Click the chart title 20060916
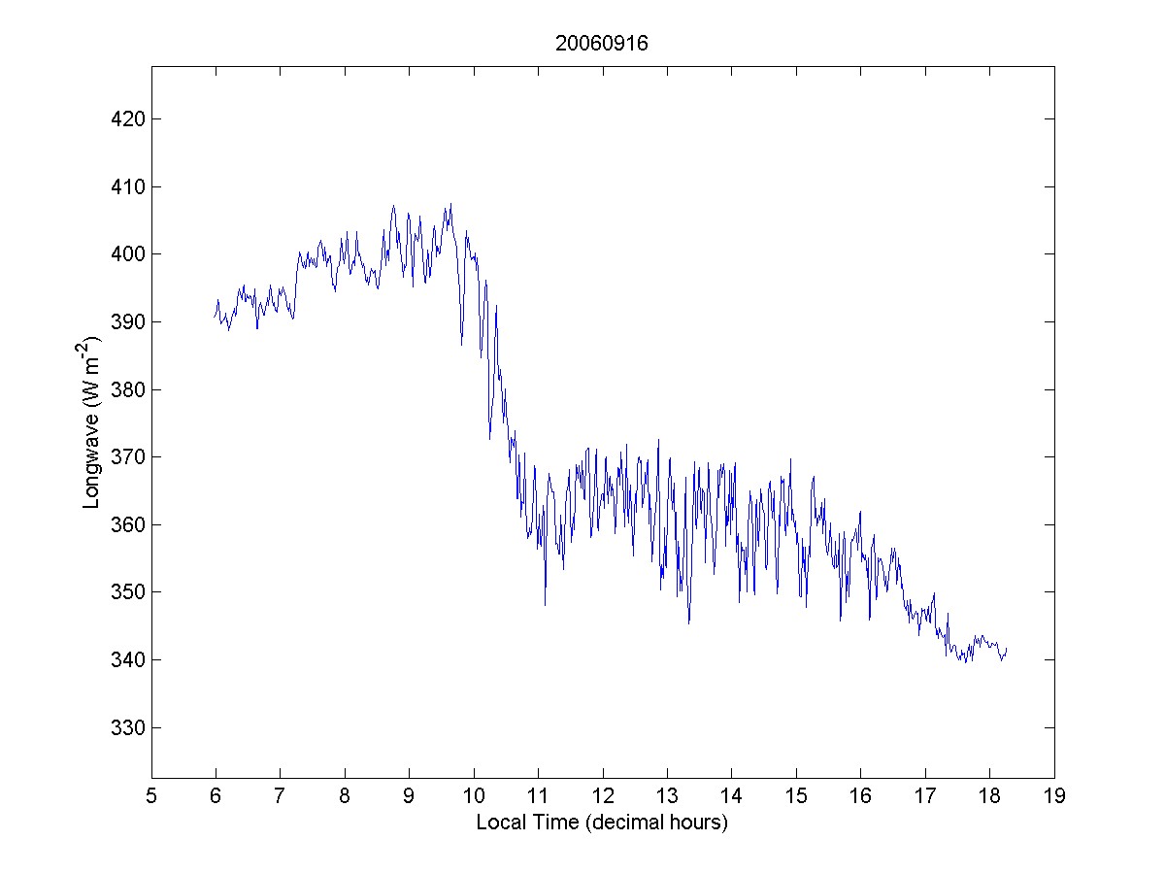[x=602, y=44]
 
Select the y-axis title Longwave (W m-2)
[x=93, y=422]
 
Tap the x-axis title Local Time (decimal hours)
[x=602, y=823]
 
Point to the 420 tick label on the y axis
[x=129, y=119]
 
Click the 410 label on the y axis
[x=129, y=186]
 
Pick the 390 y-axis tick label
[x=129, y=321]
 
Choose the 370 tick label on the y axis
[x=129, y=456]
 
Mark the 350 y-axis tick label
[x=129, y=591]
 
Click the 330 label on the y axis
[x=129, y=727]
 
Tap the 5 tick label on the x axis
[x=151, y=797]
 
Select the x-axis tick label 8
[x=345, y=797]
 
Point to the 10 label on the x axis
[x=474, y=797]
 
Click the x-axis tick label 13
[x=667, y=797]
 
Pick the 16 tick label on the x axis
[x=860, y=797]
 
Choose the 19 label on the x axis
[x=1054, y=797]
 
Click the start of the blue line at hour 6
[x=215, y=316]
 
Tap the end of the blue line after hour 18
[x=1007, y=648]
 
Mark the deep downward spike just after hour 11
[x=545, y=604]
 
